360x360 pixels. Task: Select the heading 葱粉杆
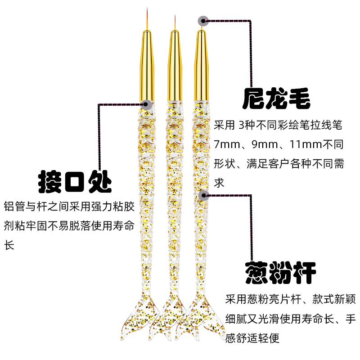pos(280,272)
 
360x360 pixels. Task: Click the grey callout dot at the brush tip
pos(203,20)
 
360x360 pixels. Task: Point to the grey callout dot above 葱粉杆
pos(203,194)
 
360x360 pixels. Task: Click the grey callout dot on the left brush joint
pos(146,104)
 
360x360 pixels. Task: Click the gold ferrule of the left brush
pos(147,63)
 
